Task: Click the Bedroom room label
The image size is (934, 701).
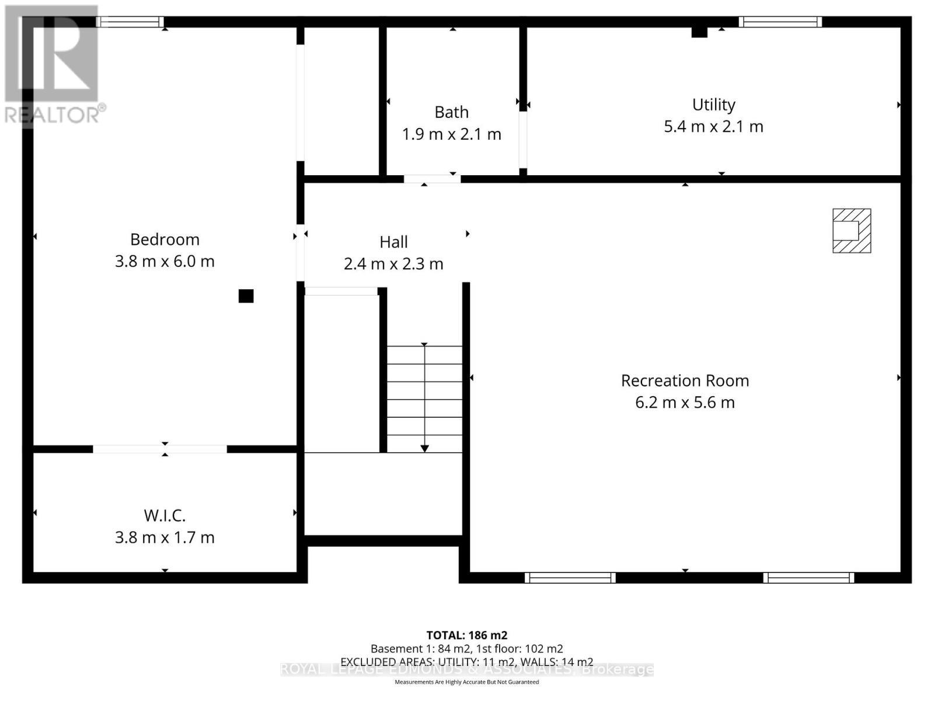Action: click(165, 240)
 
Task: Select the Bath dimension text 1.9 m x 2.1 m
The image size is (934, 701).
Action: click(451, 134)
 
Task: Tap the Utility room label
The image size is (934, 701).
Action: click(713, 105)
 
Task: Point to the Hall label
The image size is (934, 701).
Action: click(393, 242)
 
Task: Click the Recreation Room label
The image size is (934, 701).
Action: click(685, 381)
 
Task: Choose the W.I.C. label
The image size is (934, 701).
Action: click(165, 516)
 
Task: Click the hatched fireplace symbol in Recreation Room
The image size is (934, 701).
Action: click(852, 231)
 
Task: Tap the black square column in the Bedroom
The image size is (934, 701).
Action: click(246, 296)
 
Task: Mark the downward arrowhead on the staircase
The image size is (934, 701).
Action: click(424, 448)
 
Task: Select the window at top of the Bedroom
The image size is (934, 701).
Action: click(130, 22)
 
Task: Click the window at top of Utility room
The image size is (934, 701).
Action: click(780, 22)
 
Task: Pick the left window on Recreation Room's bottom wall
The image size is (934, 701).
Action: click(570, 578)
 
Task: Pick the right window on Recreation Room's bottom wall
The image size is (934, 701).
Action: click(808, 578)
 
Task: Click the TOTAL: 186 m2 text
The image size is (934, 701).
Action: click(466, 635)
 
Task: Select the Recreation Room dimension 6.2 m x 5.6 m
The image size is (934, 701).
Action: click(685, 402)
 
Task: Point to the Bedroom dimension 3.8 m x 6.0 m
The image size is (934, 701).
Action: click(165, 261)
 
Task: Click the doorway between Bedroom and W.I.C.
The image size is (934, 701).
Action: click(160, 449)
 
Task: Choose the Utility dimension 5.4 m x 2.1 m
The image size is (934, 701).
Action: click(713, 127)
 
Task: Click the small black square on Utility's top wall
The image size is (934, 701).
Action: click(699, 32)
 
